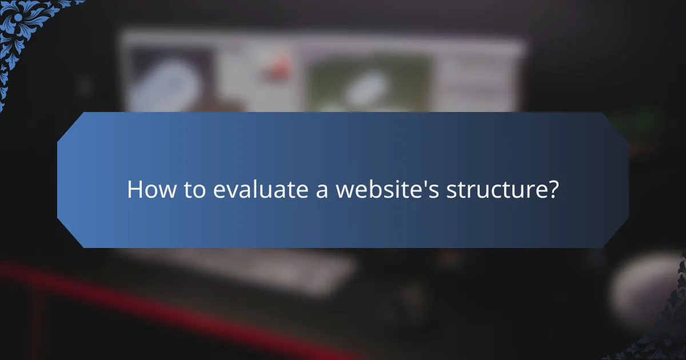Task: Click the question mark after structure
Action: point(551,190)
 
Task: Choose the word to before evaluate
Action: point(194,190)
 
